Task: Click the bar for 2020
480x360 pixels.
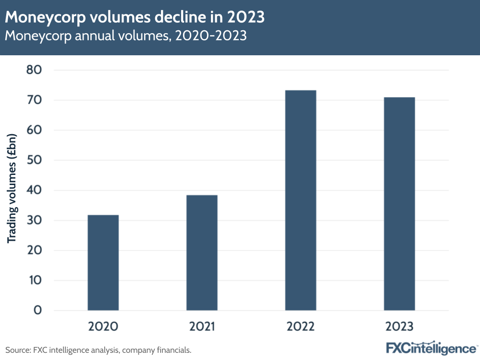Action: pos(103,262)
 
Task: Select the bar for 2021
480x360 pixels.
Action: pos(202,252)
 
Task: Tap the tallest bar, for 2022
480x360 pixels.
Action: pos(300,200)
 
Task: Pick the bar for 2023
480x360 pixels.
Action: pos(399,203)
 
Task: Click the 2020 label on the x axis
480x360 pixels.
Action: pos(103,327)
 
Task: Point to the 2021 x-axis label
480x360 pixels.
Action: pos(202,327)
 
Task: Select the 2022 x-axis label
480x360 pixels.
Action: pos(300,327)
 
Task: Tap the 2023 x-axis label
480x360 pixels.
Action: pos(399,327)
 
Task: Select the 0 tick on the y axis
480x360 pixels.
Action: pos(37,310)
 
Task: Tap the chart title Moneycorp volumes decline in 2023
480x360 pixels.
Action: pos(135,17)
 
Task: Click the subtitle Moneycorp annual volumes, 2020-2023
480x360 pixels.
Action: pos(126,36)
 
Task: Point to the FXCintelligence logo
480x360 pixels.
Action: pos(431,348)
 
